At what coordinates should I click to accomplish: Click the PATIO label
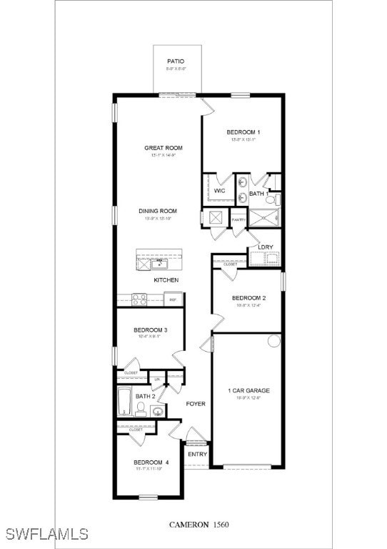(x=176, y=61)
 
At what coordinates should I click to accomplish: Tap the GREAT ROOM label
(x=164, y=148)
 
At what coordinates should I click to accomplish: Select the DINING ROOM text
(x=158, y=211)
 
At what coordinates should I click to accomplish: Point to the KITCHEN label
(x=166, y=280)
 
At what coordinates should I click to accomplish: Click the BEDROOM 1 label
(x=243, y=132)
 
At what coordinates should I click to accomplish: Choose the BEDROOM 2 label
(x=248, y=298)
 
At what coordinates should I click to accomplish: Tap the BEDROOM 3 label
(x=151, y=330)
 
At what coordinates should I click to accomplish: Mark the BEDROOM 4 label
(x=151, y=462)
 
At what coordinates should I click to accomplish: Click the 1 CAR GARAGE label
(x=248, y=390)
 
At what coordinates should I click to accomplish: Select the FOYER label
(x=196, y=404)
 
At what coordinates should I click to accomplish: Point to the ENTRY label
(x=197, y=454)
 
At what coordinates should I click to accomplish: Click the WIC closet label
(x=220, y=191)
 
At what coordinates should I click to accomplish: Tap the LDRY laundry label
(x=266, y=247)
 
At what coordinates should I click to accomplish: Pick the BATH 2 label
(x=145, y=396)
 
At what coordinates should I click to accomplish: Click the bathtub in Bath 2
(x=124, y=402)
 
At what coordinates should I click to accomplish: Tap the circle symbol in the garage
(x=274, y=341)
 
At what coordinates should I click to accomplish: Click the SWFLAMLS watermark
(x=46, y=533)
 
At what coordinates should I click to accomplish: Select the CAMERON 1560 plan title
(x=199, y=525)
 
